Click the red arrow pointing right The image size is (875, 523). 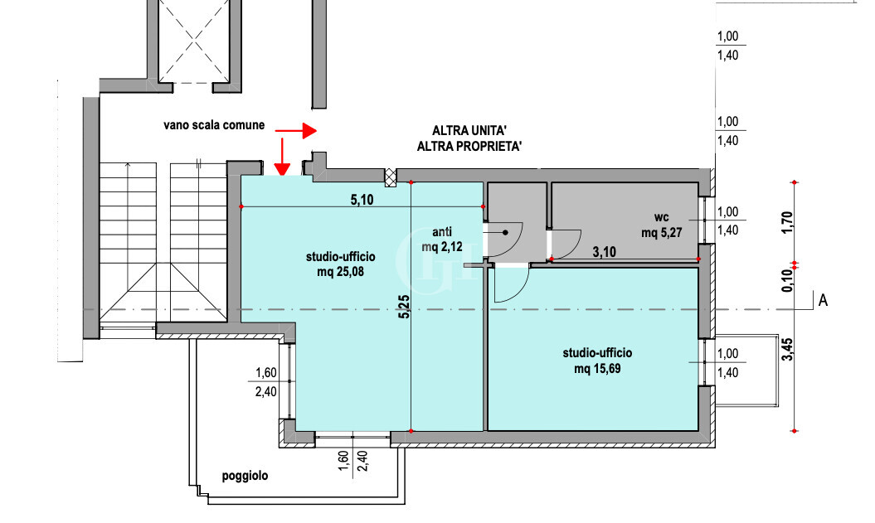click(296, 131)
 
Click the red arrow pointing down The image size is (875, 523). click(282, 157)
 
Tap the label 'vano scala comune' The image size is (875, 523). click(214, 125)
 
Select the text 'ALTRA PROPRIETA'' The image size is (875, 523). click(470, 146)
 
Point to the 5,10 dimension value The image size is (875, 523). click(362, 199)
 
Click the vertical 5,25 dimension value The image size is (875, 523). click(404, 307)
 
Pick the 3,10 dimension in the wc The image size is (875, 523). click(605, 252)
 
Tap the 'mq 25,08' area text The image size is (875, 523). click(340, 272)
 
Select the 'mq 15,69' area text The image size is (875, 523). click(597, 369)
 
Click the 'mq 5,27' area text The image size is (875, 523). click(661, 233)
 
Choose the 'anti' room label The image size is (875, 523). click(442, 231)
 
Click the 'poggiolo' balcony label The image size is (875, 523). click(245, 476)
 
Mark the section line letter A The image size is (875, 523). click(823, 301)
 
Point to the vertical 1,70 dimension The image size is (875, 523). click(787, 222)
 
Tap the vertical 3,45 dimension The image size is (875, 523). click(787, 350)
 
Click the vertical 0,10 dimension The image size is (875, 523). click(787, 280)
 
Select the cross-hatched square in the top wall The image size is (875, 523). click(391, 177)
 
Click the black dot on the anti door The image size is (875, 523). click(505, 233)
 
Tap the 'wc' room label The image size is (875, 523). click(661, 217)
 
